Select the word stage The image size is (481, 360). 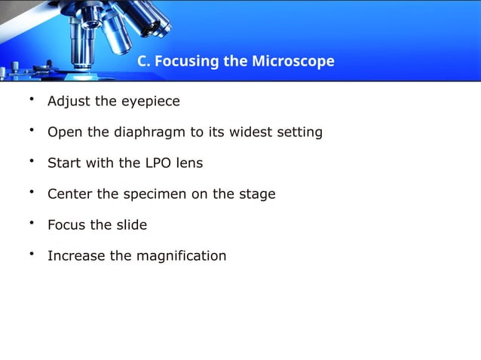256,194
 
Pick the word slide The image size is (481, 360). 130,225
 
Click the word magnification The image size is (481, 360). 181,256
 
